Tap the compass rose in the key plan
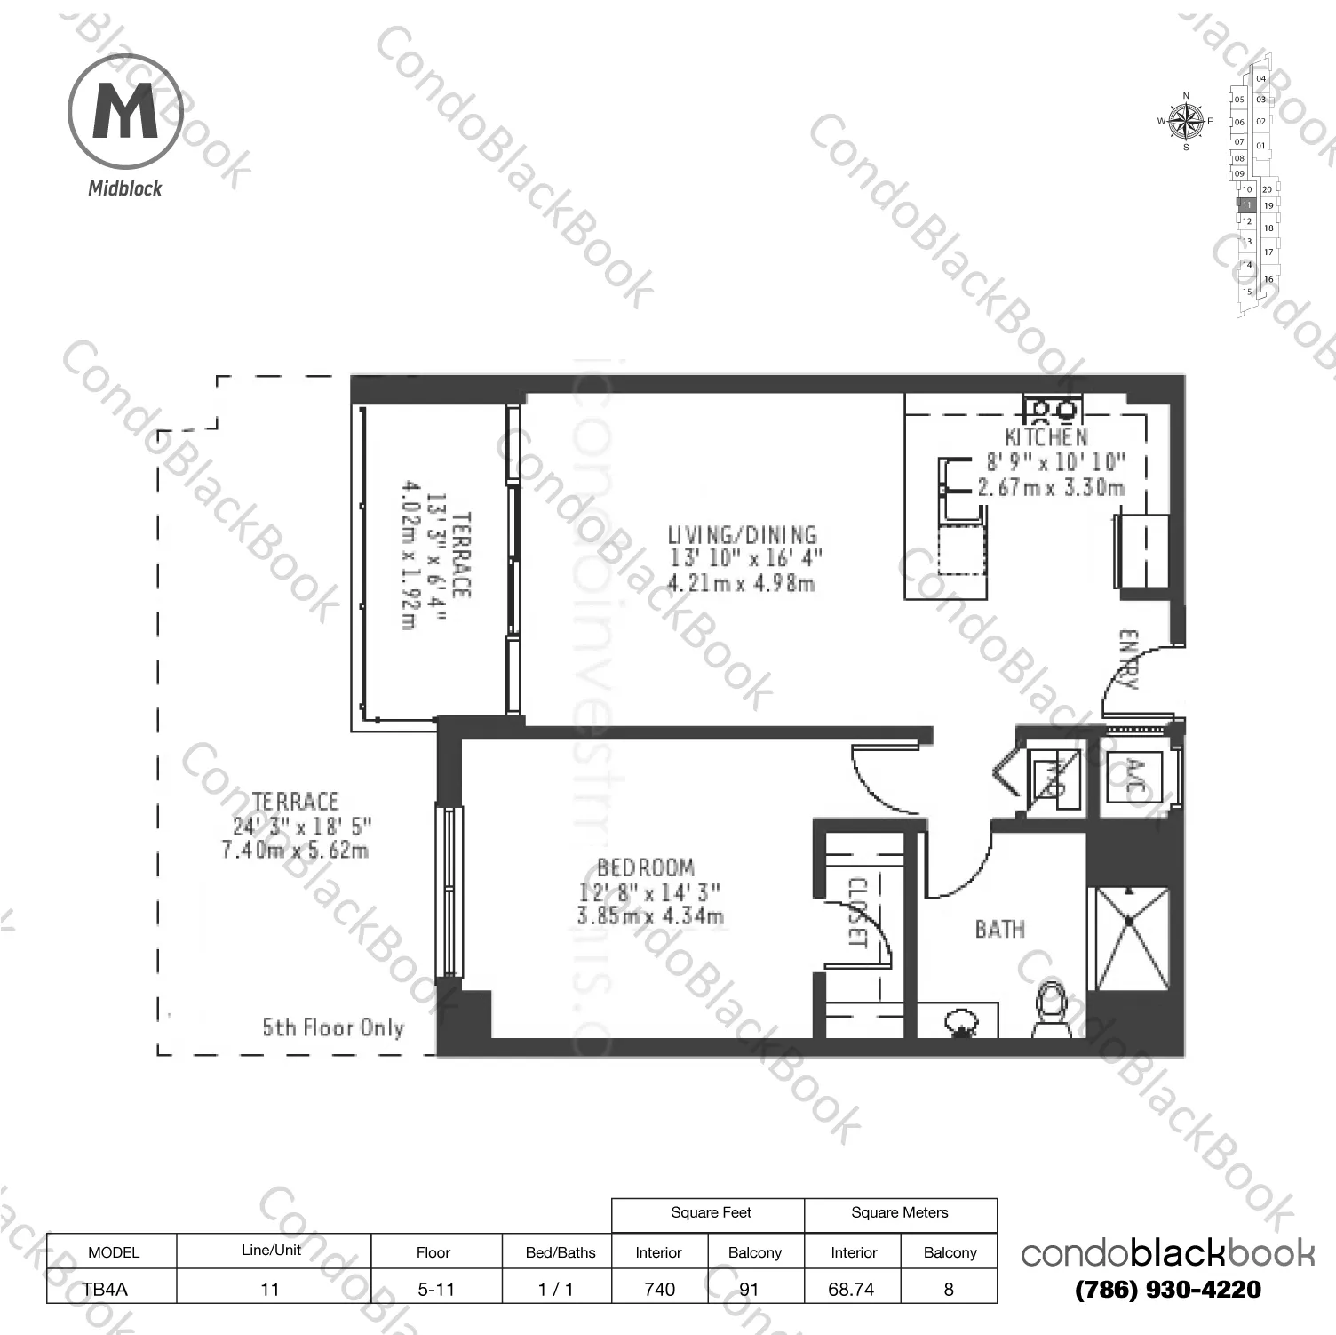point(1185,122)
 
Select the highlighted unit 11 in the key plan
point(1246,205)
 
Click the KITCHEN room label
point(1046,437)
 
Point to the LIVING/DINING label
point(742,535)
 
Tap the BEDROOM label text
point(646,867)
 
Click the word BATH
point(999,930)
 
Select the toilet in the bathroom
point(1052,1009)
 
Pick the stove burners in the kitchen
point(1052,409)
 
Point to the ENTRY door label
point(1127,659)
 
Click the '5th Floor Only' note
point(333,1028)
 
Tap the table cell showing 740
point(659,1289)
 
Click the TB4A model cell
point(105,1289)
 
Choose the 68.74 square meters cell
point(851,1289)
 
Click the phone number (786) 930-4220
point(1167,1290)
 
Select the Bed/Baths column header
point(561,1252)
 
